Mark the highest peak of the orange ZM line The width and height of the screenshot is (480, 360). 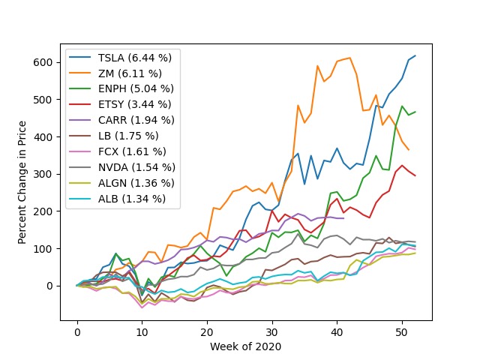(x=350, y=58)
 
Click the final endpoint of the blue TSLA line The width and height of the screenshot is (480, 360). (x=415, y=56)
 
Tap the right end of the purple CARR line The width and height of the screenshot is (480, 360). (x=343, y=218)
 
